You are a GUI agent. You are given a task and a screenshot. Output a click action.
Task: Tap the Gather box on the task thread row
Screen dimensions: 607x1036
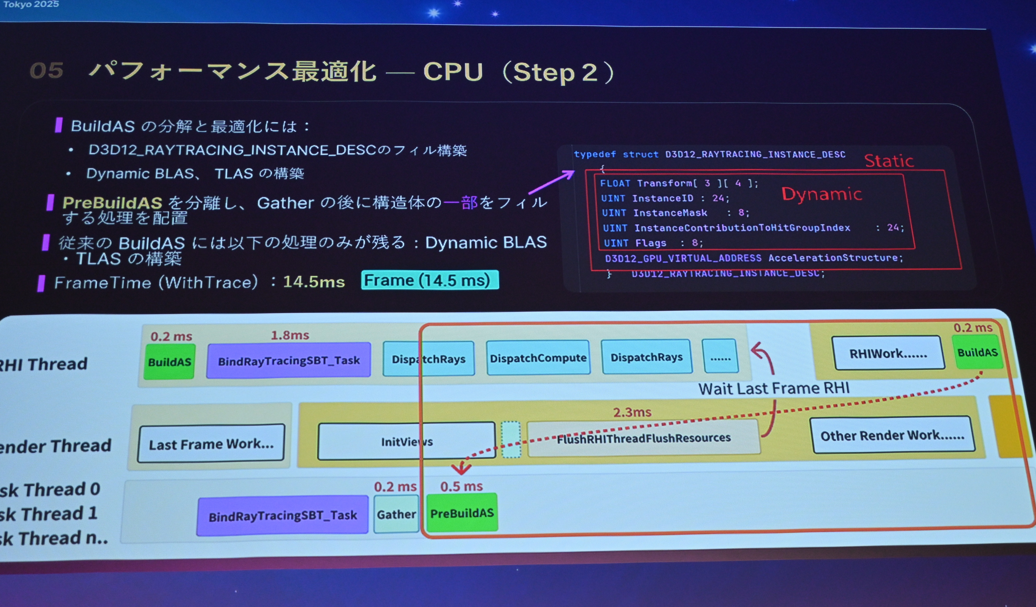pos(396,514)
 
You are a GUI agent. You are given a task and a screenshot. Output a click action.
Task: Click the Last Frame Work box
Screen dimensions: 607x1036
pos(211,444)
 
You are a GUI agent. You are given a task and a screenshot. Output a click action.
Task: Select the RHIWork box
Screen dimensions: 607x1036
pos(888,353)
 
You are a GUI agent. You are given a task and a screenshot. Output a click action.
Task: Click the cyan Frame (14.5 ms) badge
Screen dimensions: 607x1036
pos(430,280)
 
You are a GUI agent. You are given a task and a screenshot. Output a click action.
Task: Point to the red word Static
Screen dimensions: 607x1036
pos(889,161)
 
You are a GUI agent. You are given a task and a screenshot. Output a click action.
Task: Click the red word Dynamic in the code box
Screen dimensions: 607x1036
pos(821,194)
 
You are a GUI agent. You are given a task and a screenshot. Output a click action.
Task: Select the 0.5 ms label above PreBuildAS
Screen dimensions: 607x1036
pos(461,486)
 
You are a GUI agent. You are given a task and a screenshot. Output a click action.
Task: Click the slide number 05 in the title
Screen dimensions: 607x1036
pos(46,70)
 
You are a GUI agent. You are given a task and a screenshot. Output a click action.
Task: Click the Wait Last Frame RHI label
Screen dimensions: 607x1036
pos(774,388)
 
